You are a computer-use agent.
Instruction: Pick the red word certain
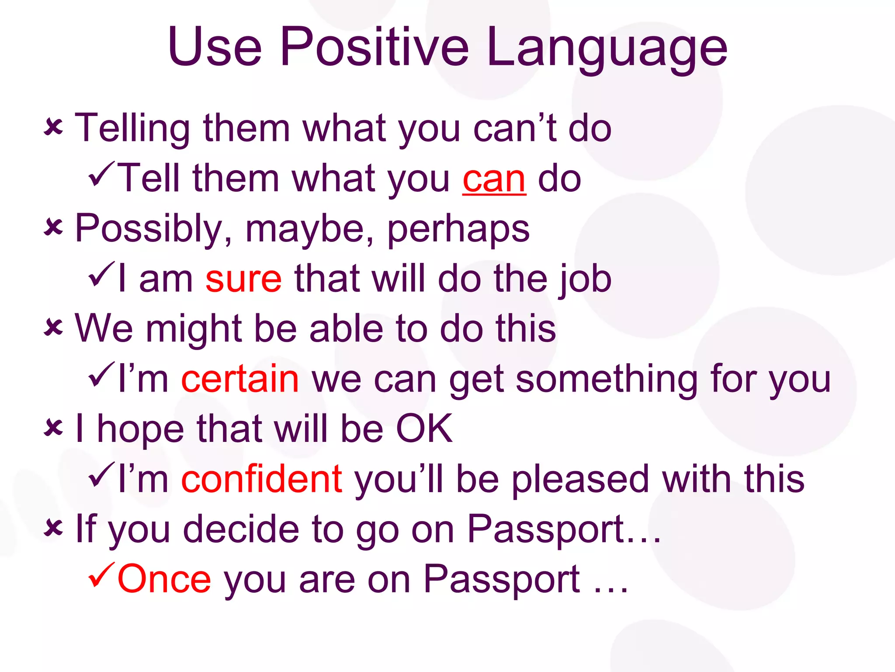[240, 379]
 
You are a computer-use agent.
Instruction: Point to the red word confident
[261, 479]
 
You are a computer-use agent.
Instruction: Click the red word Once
[164, 579]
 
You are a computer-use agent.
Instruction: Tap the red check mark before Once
[101, 575]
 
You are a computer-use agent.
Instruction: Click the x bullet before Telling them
[53, 128]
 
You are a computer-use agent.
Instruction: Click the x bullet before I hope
[53, 427]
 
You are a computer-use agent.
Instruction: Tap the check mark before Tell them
[101, 174]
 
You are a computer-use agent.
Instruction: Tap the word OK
[424, 428]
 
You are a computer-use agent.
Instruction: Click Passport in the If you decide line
[545, 529]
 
